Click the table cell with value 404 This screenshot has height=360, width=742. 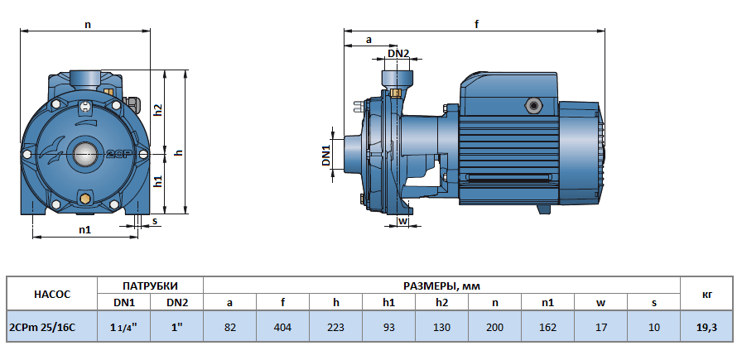pos(283,327)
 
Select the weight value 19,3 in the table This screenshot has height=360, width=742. pos(706,327)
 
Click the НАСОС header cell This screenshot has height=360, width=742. pos(52,294)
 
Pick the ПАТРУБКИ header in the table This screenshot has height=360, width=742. pos(151,286)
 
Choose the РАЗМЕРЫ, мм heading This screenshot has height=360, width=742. pos(441,286)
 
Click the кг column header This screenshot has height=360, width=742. pos(706,294)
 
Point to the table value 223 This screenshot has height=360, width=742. pos(336,327)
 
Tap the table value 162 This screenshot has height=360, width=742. pos(547,327)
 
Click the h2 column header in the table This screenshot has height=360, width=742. pos(441,303)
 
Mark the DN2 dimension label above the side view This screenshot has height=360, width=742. pos(398,54)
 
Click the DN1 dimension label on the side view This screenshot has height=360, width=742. pos(326,155)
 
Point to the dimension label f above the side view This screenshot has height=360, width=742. pos(476,25)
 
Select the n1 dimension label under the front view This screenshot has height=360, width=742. pos(84,229)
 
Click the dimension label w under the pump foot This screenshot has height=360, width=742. pos(402,221)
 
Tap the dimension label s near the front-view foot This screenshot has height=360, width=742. pos(154,221)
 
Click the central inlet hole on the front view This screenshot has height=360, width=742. pos(84,153)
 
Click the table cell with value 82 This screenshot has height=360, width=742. pos(230,327)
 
